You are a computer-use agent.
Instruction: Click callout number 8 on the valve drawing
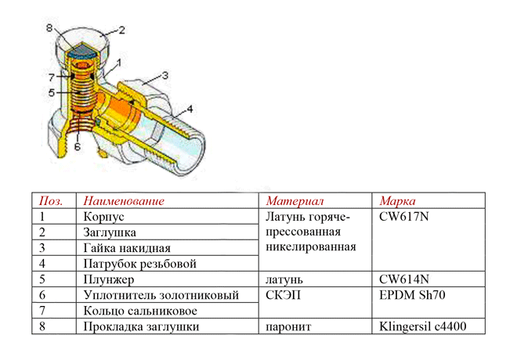click(48, 27)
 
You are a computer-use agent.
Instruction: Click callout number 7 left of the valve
click(49, 77)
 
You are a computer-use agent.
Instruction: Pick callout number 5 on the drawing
click(49, 92)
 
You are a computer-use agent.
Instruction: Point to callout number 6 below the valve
click(77, 146)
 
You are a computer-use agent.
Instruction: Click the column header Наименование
click(123, 201)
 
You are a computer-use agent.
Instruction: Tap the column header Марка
click(398, 201)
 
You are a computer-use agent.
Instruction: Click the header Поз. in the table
click(51, 201)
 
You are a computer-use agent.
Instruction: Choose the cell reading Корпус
click(104, 217)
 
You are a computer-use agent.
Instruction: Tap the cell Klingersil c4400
click(422, 326)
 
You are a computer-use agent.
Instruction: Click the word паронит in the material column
click(288, 326)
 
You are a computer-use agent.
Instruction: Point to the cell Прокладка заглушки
click(141, 326)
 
